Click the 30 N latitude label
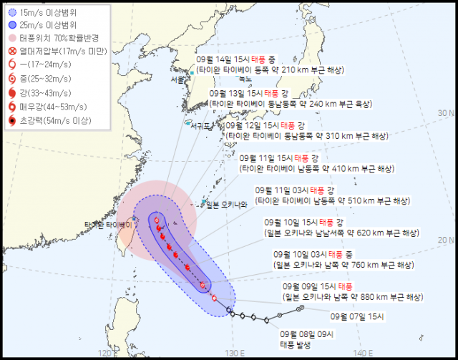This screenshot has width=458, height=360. (447, 112)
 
